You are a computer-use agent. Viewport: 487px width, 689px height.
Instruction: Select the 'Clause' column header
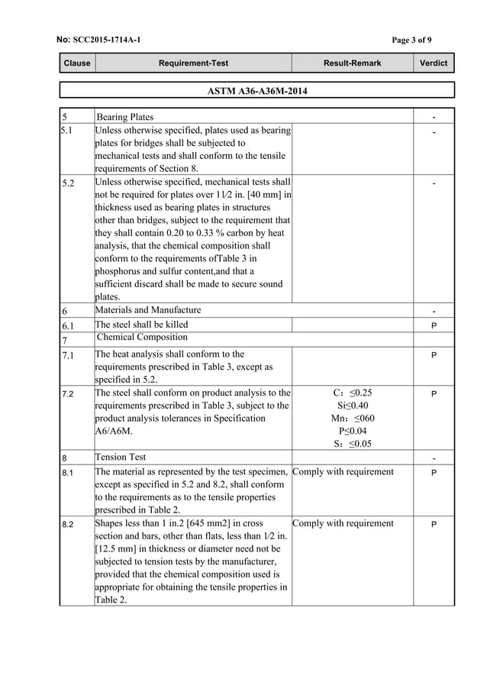[76, 63]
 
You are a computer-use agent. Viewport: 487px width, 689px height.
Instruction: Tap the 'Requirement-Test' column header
[192, 63]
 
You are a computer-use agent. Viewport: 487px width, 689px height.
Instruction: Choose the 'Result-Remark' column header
[352, 63]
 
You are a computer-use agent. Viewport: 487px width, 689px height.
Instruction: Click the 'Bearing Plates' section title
[125, 117]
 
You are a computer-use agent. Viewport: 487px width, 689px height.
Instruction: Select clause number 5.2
[70, 184]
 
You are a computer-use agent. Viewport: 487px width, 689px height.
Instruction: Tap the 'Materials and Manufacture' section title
[148, 310]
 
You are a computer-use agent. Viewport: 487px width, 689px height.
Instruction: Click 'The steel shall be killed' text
[141, 325]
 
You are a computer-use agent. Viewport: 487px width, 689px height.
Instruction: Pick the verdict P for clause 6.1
[434, 325]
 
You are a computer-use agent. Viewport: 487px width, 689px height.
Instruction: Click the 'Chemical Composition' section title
[143, 338]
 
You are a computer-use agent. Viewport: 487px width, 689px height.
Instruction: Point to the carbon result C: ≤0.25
[352, 393]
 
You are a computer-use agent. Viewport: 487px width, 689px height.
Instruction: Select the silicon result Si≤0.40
[352, 406]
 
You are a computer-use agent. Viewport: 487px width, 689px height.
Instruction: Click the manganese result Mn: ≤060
[352, 418]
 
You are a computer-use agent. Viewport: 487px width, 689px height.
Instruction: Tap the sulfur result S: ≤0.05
[352, 444]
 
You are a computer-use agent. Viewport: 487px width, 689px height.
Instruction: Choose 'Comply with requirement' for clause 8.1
[343, 472]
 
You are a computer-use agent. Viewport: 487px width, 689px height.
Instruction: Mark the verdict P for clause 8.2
[434, 526]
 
